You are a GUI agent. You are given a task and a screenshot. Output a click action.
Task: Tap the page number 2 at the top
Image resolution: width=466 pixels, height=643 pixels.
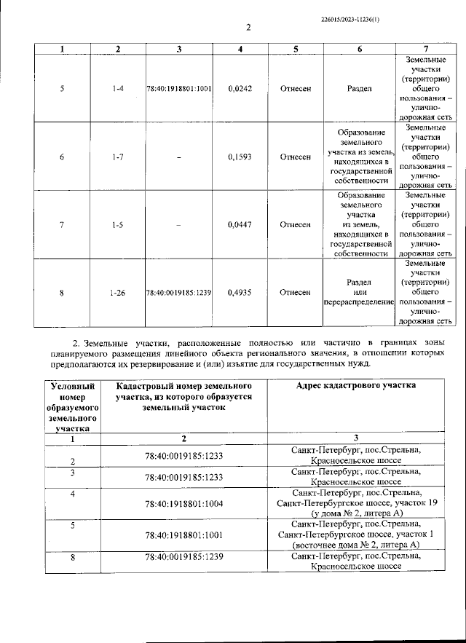pos(248,28)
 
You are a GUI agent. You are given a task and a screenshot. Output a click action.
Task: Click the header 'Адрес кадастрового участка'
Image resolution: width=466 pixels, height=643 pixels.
pos(356,385)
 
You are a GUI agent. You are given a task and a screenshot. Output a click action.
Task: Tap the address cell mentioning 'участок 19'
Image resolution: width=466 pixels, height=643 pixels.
pos(356,502)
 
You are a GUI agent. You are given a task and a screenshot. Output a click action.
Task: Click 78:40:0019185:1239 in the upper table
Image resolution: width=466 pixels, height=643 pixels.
pos(178,293)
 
